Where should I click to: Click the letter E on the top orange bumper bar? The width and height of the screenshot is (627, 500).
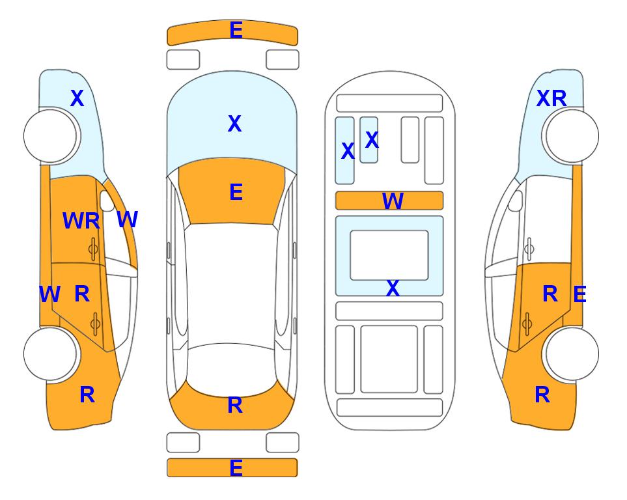[236, 30]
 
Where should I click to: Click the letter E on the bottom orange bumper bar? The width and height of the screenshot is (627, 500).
[236, 467]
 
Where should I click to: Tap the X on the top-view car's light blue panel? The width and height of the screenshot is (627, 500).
[235, 124]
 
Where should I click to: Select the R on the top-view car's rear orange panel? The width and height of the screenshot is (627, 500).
[235, 405]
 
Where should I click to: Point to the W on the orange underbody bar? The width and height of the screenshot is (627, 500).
[393, 201]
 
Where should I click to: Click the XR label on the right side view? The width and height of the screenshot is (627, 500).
[551, 98]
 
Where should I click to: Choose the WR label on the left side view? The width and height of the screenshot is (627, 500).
[81, 221]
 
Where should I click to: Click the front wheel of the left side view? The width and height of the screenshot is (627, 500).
[50, 136]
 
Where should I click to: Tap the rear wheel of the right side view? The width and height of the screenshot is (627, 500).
[572, 354]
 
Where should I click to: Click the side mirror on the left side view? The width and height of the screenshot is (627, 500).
[107, 201]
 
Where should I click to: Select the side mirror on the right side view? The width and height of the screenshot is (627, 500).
[516, 201]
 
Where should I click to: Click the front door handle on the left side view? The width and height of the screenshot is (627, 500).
[93, 249]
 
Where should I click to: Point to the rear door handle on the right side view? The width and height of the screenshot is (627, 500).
[527, 324]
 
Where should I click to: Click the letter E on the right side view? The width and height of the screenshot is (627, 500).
[579, 294]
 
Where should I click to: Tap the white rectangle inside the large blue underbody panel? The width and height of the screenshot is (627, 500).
[389, 255]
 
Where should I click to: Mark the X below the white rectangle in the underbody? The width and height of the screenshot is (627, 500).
[393, 288]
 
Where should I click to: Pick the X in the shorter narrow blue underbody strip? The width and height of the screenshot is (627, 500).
[372, 139]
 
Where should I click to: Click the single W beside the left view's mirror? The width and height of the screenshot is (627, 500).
[128, 219]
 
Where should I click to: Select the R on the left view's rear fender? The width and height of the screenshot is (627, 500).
[87, 395]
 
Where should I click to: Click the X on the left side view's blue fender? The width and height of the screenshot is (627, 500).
[77, 98]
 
